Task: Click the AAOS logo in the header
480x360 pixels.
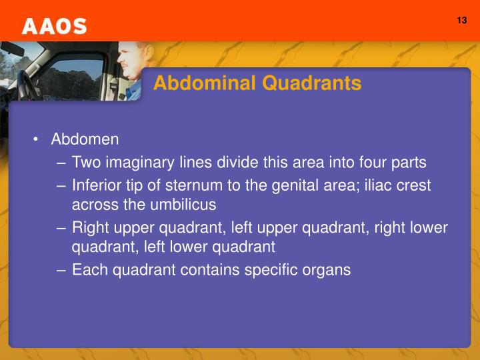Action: (54, 26)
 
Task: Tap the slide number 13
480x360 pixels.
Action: (462, 20)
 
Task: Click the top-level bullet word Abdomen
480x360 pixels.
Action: (85, 139)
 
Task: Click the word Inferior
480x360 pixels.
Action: (95, 185)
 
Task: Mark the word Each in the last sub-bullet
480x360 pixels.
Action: (87, 270)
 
